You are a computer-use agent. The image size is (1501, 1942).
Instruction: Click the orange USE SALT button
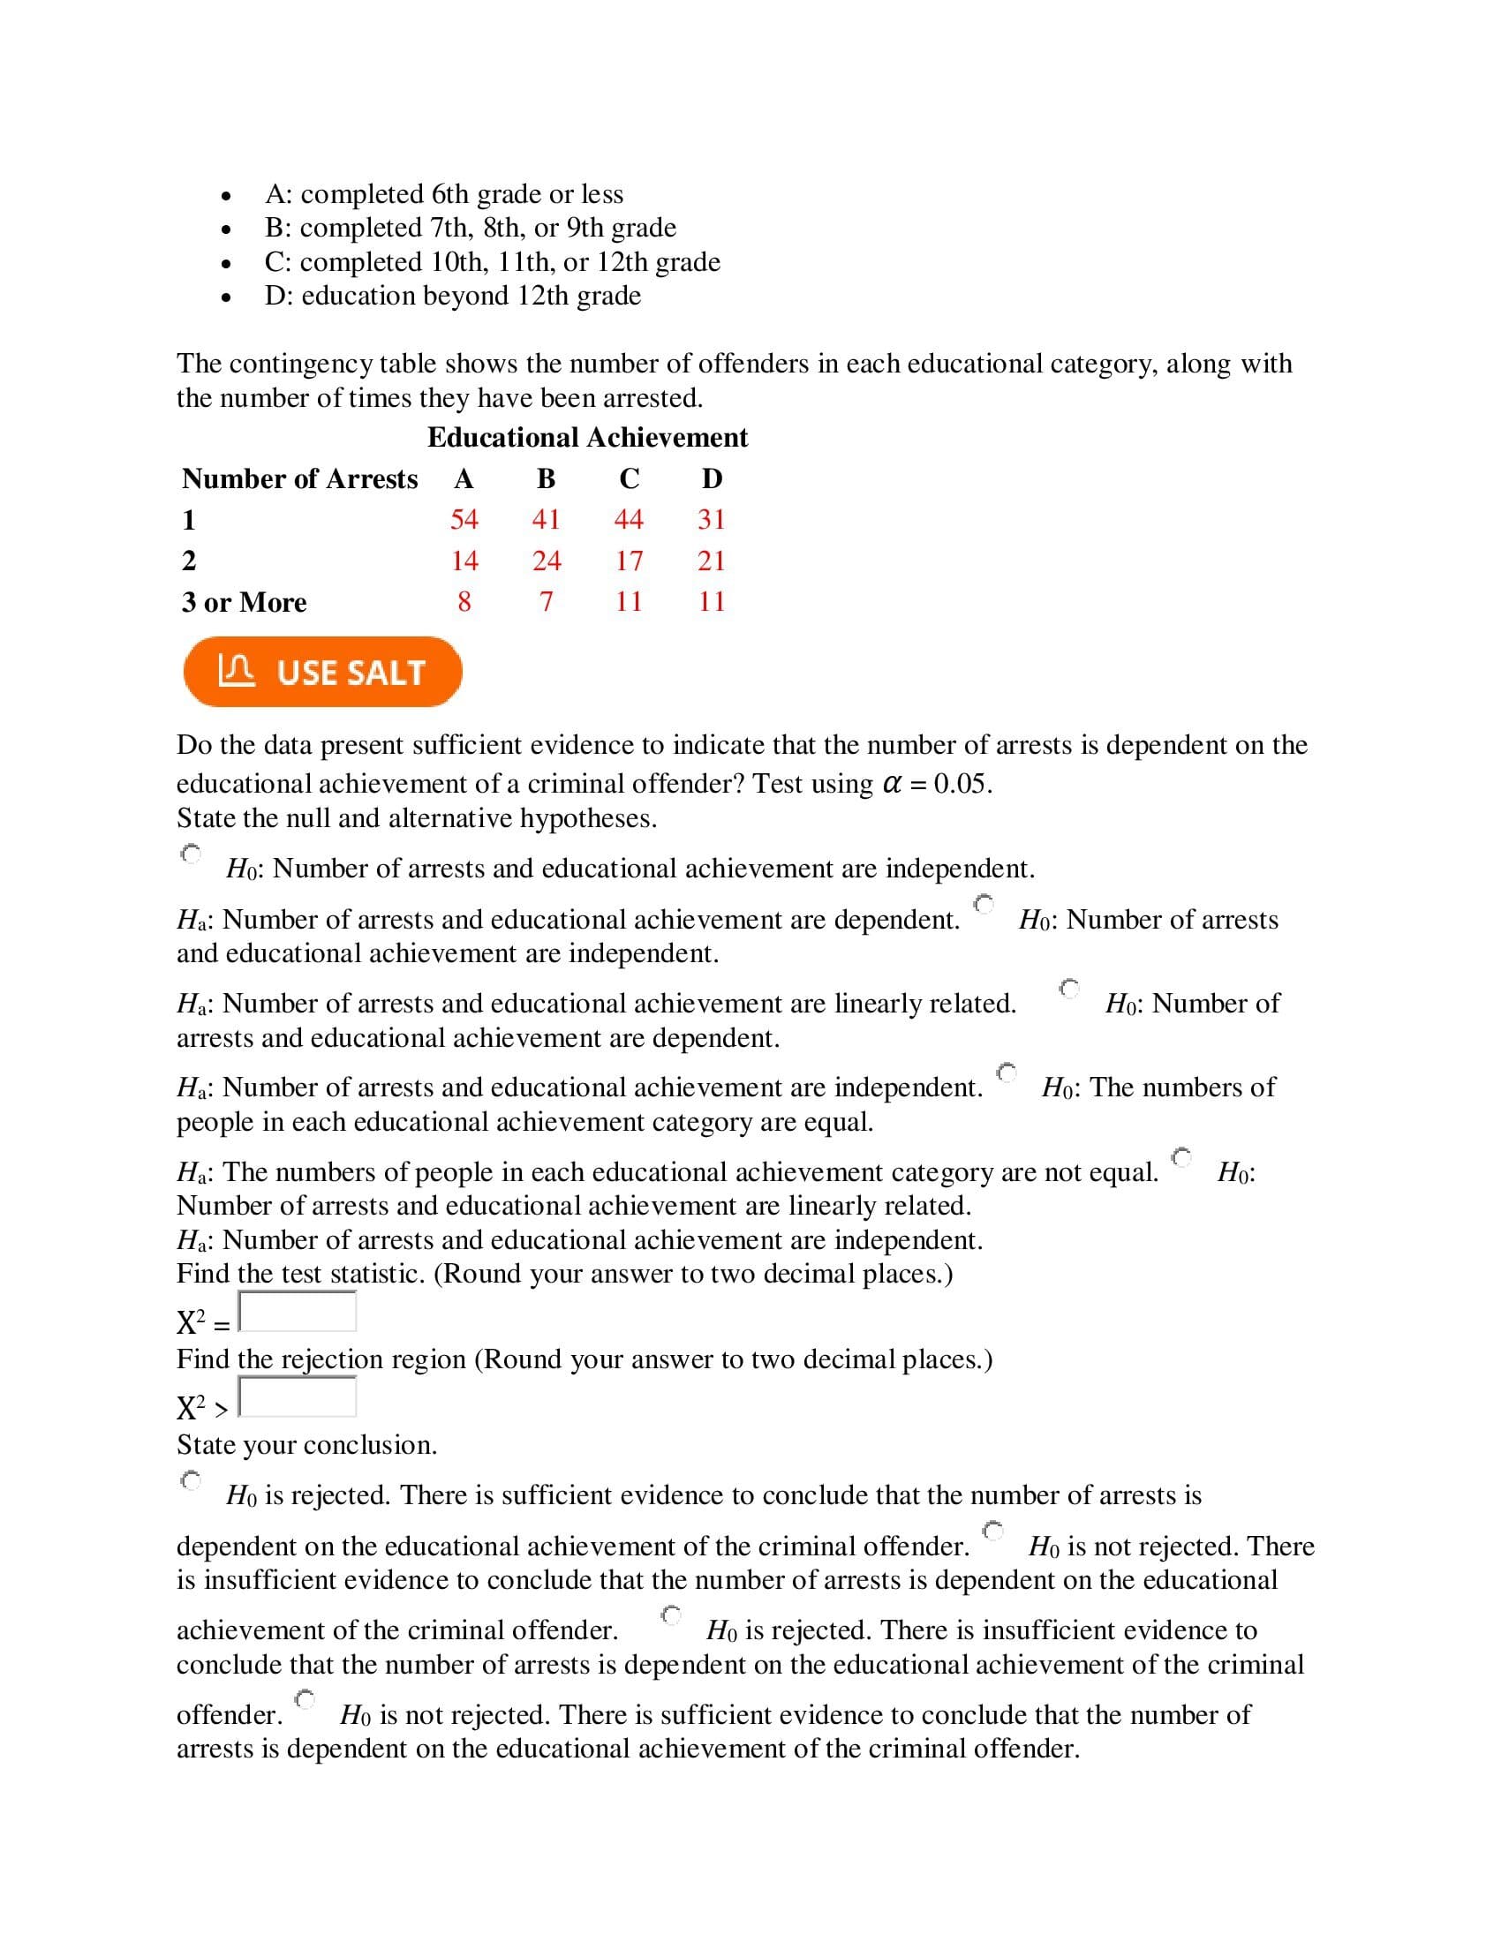322,672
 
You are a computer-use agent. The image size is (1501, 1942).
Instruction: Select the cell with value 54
464,519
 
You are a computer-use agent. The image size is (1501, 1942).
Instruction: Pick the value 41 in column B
546,519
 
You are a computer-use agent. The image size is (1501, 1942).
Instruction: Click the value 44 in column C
629,519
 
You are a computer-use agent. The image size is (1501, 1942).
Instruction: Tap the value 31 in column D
712,519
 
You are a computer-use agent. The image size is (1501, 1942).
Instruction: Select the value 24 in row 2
546,561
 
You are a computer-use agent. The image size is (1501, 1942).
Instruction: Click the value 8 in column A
464,602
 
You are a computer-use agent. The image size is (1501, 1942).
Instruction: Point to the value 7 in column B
546,602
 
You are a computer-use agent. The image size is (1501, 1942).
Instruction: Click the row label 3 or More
245,602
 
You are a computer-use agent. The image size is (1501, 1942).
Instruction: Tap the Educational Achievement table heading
587,438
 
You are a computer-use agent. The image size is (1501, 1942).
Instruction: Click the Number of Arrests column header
299,478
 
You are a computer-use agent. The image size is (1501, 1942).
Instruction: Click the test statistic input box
298,1312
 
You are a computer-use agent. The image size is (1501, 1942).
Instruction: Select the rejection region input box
298,1397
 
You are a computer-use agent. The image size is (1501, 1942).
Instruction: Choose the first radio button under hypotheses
192,854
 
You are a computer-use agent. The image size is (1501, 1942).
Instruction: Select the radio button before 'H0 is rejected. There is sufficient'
192,1481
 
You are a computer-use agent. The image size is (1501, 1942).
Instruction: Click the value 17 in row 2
629,561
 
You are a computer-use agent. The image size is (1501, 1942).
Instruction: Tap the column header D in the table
712,478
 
